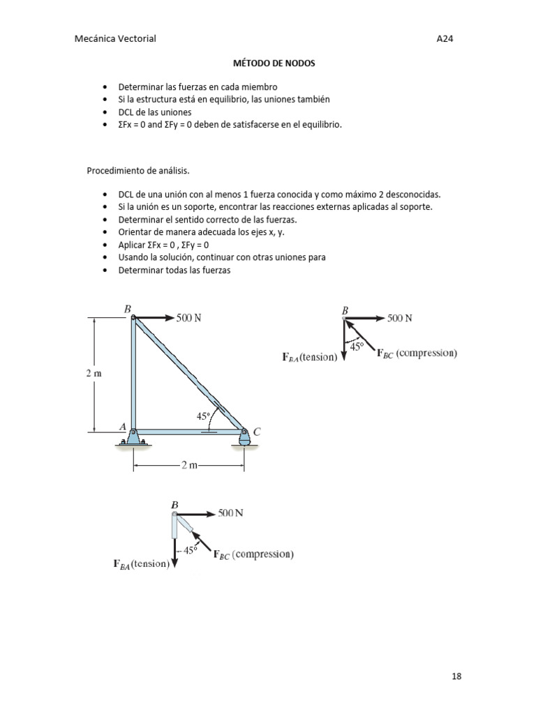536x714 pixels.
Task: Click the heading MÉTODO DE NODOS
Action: click(274, 63)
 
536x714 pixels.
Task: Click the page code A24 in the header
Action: click(445, 39)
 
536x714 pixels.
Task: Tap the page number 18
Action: click(456, 676)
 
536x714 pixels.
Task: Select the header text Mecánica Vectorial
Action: click(114, 39)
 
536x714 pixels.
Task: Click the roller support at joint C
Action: click(244, 439)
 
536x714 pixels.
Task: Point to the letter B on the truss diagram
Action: click(127, 308)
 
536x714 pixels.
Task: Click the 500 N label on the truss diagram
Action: click(188, 318)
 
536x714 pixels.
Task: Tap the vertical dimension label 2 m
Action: click(94, 374)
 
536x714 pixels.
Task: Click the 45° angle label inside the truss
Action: click(203, 416)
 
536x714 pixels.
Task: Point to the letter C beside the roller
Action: click(257, 432)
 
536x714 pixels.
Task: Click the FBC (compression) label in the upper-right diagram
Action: click(417, 354)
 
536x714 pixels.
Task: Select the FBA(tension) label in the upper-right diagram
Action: click(309, 357)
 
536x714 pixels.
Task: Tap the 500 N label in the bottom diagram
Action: click(230, 513)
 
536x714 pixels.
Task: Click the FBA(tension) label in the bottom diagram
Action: click(142, 564)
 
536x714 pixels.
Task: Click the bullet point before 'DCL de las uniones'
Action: click(105, 112)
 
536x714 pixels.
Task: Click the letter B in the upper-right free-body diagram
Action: click(345, 309)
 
